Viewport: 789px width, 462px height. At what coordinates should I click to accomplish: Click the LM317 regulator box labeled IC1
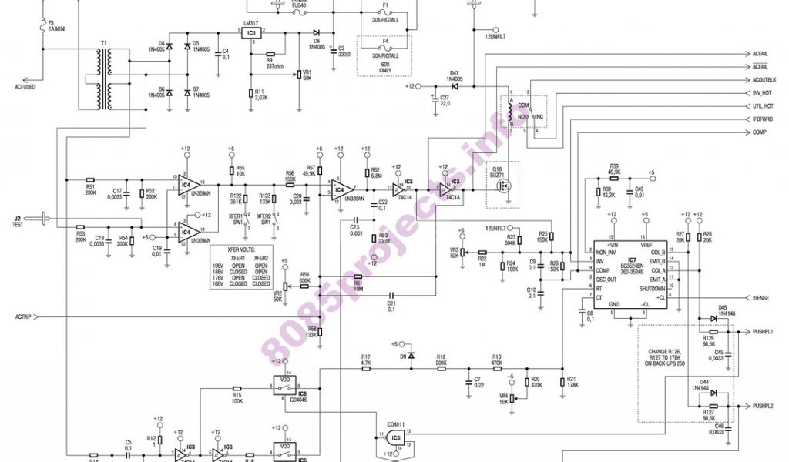pyautogui.click(x=251, y=35)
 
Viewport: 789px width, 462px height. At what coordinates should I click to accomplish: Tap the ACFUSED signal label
pyautogui.click(x=25, y=86)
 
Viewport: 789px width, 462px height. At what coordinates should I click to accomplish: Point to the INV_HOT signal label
pyautogui.click(x=762, y=93)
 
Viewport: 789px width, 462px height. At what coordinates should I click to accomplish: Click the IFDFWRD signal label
pyautogui.click(x=762, y=119)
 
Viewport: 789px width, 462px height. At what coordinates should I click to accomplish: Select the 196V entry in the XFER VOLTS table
pyautogui.click(x=219, y=265)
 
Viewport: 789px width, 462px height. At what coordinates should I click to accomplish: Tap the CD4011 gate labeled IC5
pyautogui.click(x=395, y=437)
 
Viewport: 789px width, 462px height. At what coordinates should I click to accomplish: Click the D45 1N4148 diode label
pyautogui.click(x=723, y=310)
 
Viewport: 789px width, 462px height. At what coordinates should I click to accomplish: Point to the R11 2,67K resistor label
pyautogui.click(x=260, y=95)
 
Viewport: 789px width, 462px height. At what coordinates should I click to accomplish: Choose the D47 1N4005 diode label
pyautogui.click(x=455, y=75)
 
